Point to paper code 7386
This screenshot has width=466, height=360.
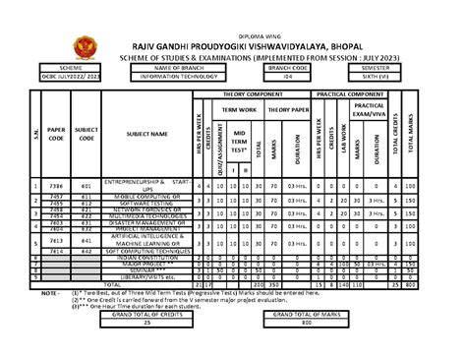57,185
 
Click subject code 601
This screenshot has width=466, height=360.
87,185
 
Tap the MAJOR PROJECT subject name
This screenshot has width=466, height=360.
145,265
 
